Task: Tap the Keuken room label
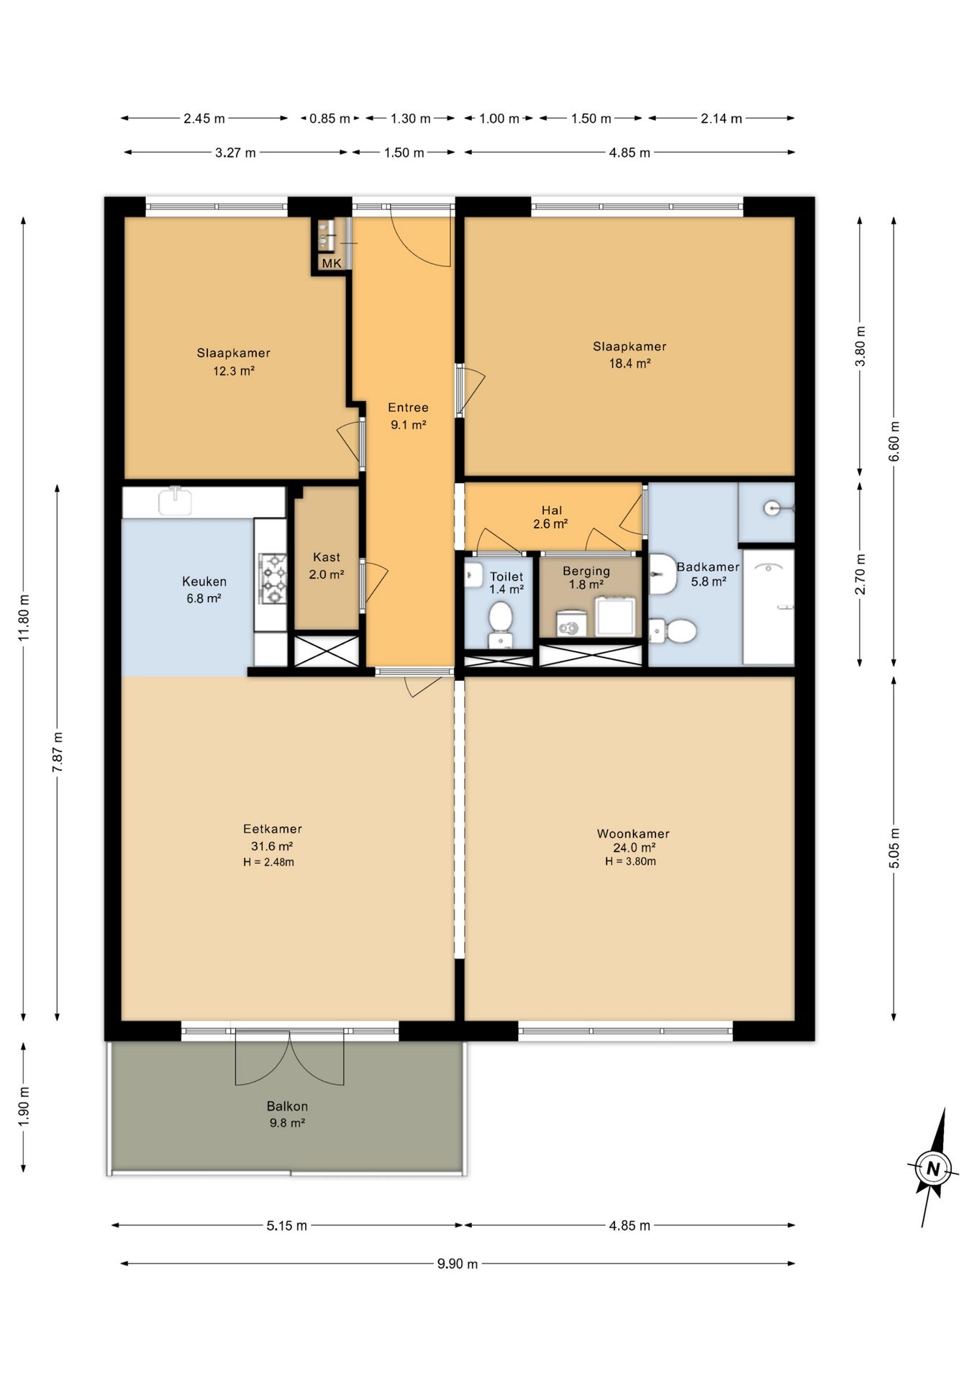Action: pos(204,582)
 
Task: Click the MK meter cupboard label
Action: pos(332,263)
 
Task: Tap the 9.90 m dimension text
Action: pos(458,1264)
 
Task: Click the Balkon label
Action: pos(287,1106)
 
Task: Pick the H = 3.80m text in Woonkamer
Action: pos(630,862)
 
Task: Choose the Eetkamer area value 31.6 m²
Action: pos(271,846)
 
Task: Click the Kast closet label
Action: pos(327,557)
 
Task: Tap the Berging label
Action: pos(586,572)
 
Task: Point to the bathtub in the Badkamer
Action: pos(768,607)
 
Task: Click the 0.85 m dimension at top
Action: pos(330,119)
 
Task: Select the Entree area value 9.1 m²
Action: pos(409,425)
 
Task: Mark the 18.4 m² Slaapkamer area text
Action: pos(630,363)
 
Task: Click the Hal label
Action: pos(552,510)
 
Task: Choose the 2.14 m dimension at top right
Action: pos(722,119)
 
